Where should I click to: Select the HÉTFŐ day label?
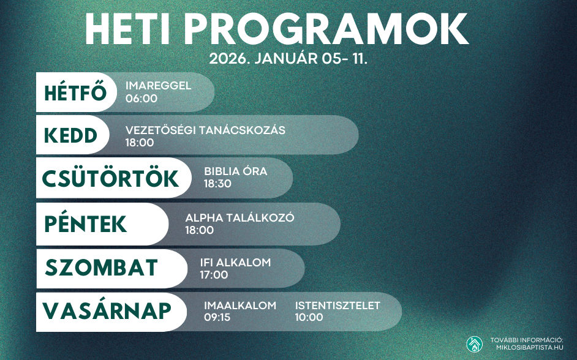pos(76,93)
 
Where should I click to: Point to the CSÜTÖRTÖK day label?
pos(110,178)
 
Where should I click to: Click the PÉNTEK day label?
pos(86,224)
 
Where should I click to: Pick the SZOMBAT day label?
pos(102,268)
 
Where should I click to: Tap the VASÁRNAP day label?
pos(107,311)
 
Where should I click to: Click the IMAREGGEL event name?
pos(158,86)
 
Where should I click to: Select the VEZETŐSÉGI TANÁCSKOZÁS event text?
pos(205,130)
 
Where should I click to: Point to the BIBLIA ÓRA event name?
pos(235,171)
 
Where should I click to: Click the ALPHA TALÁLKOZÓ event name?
pos(240,218)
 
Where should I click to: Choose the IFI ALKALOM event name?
pos(235,263)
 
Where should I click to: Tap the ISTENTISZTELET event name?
pos(338,306)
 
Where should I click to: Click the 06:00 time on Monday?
pos(141,98)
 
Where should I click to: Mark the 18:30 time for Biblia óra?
pos(217,184)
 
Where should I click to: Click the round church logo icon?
pos(474,344)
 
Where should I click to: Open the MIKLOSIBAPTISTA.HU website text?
pos(529,347)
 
